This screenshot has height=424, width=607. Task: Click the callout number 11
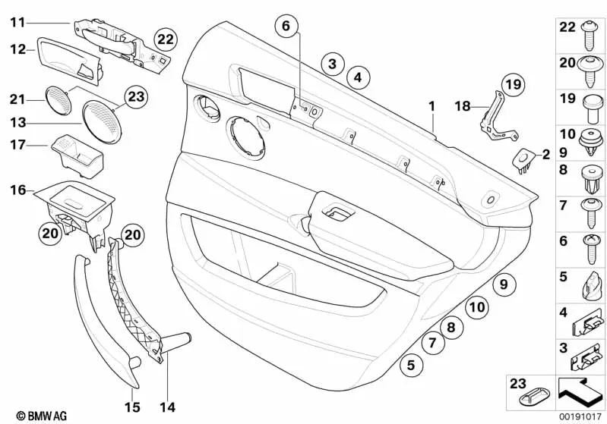17,23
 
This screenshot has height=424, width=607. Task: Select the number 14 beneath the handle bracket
167,407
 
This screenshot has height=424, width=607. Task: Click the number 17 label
17,144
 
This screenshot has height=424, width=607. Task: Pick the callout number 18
462,106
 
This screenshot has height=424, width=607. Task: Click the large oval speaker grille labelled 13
100,120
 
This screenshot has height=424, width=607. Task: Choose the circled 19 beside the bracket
513,85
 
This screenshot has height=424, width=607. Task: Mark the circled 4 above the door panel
358,76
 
